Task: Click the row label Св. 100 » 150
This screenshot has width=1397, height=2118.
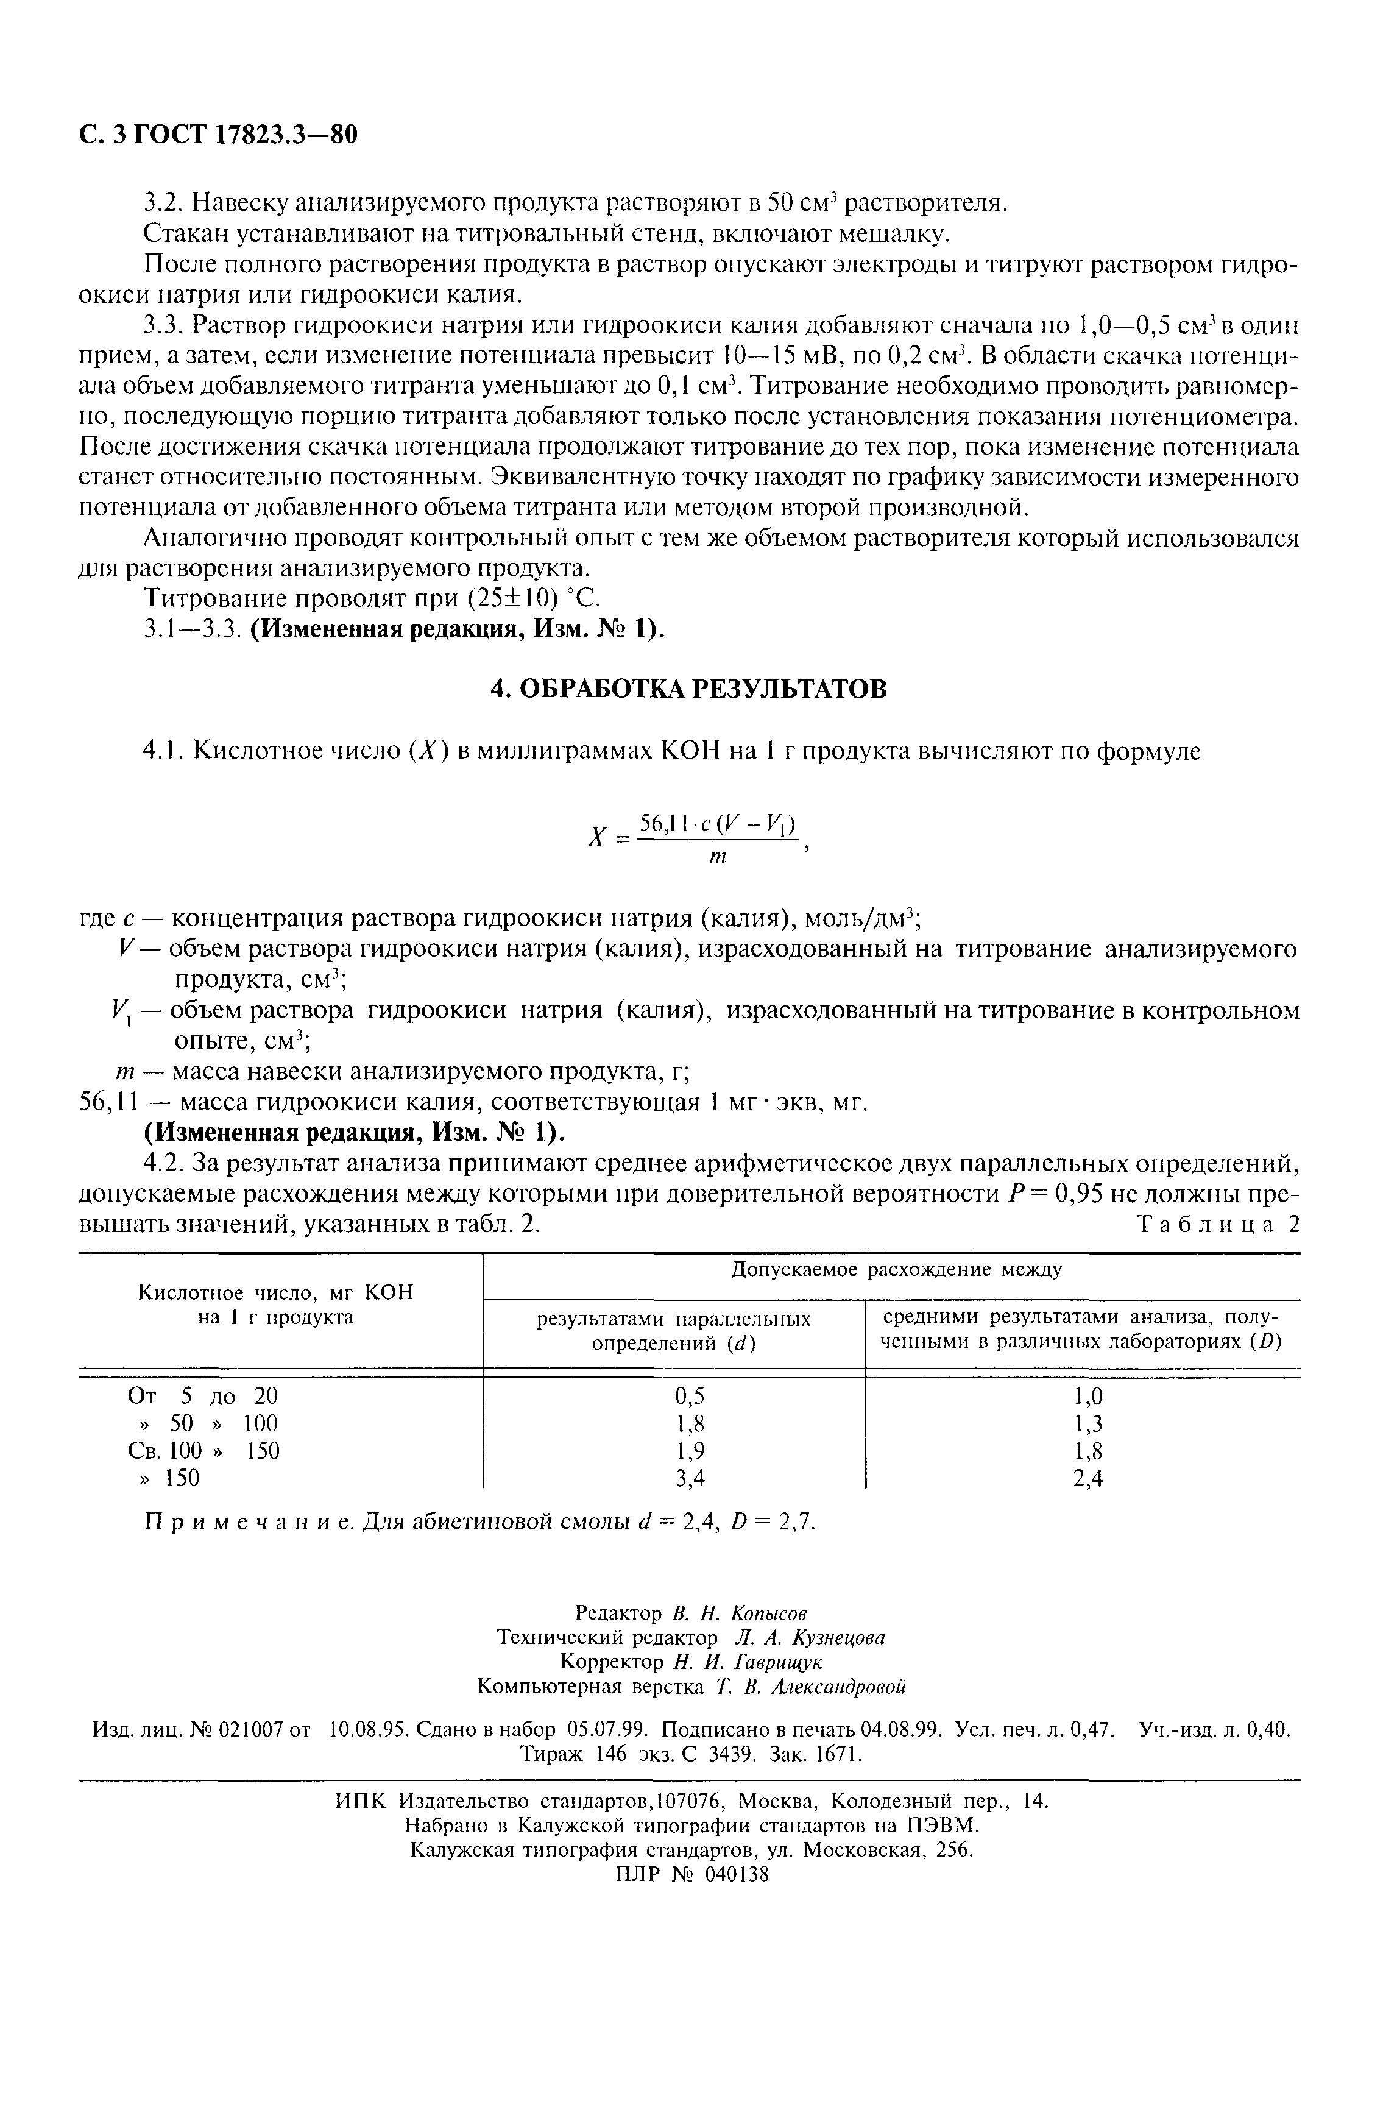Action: (x=204, y=1451)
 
